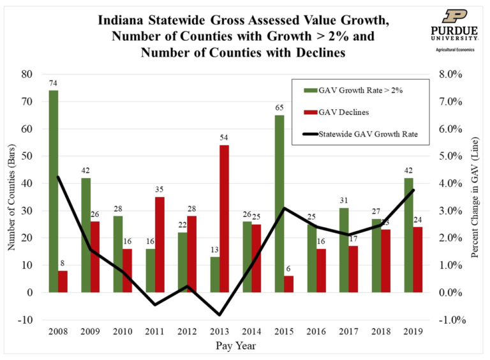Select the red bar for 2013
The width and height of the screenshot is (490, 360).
point(225,218)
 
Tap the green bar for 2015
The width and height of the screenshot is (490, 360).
point(279,203)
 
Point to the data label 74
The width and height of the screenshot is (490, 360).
point(54,84)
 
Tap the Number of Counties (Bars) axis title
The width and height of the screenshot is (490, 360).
point(11,197)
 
